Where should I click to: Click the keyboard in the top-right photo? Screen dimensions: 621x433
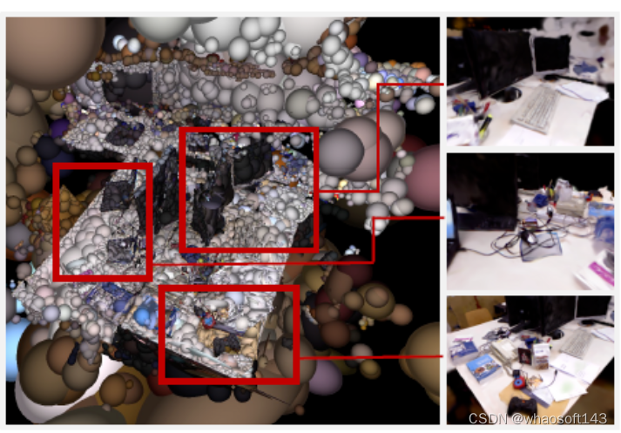[x=537, y=109]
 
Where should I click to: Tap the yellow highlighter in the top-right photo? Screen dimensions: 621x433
[x=485, y=125]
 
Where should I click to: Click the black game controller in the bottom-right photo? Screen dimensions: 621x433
[x=522, y=407]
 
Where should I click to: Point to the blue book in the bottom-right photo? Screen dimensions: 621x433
[x=483, y=368]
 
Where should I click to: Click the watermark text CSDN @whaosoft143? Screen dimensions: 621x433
[x=537, y=418]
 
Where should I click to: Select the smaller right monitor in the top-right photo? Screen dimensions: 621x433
[x=552, y=54]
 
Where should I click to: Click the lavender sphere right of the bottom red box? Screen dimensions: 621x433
[x=326, y=376]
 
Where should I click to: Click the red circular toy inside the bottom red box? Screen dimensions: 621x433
[x=209, y=320]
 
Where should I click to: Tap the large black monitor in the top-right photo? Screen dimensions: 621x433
[x=497, y=60]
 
